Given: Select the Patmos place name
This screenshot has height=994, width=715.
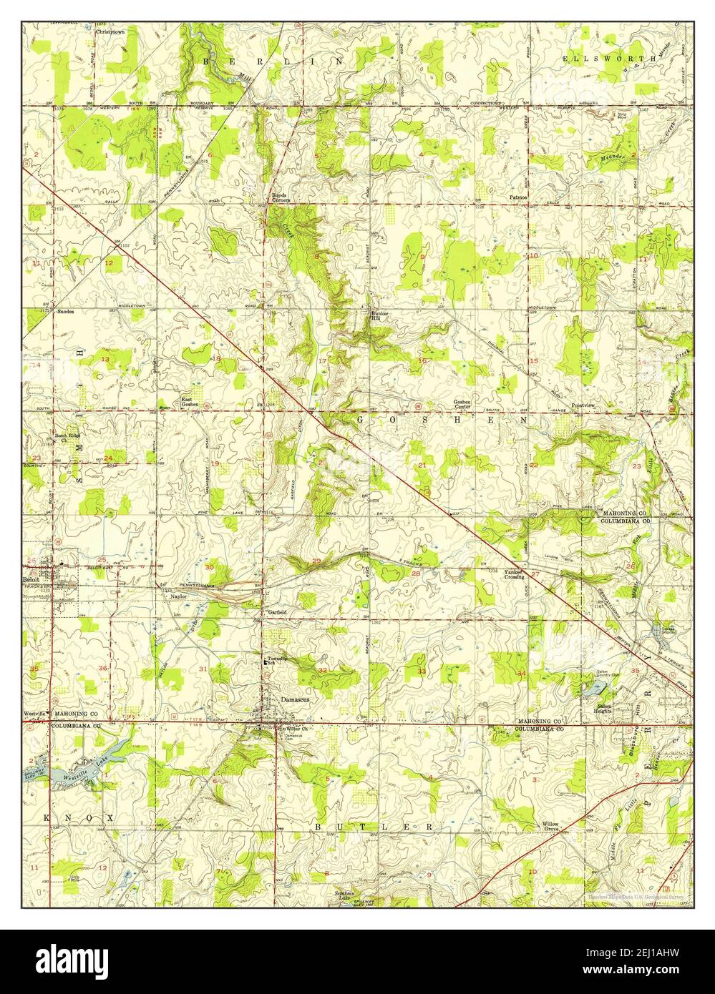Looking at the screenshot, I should (x=518, y=196).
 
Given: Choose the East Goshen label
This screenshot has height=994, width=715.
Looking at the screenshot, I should (x=190, y=402).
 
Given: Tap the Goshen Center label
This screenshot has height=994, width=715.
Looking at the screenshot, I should (x=462, y=404).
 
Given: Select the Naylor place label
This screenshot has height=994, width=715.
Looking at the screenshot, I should (x=178, y=595).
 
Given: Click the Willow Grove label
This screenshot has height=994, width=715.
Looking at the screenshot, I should (x=550, y=827).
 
